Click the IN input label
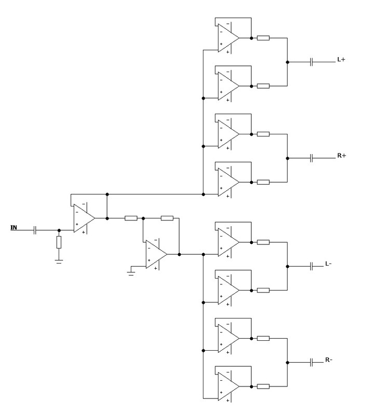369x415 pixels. coord(14,227)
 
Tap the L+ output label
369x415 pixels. coord(341,60)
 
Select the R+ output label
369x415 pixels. coord(341,156)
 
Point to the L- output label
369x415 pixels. coord(329,264)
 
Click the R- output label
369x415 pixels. coord(329,360)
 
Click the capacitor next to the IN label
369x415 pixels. coord(35,230)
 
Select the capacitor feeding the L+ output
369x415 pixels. coord(311,62)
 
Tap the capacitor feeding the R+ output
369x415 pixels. coord(311,158)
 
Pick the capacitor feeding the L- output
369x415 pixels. coord(311,267)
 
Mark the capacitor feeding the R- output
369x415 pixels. coord(311,363)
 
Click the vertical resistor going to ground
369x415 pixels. coord(59,242)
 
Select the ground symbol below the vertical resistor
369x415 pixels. coord(59,261)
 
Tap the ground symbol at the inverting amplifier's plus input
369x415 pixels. coord(131,273)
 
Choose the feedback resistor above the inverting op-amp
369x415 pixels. coord(167,218)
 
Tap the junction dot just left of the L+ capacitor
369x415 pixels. coord(288,62)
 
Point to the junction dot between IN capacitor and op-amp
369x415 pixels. coord(59,230)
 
